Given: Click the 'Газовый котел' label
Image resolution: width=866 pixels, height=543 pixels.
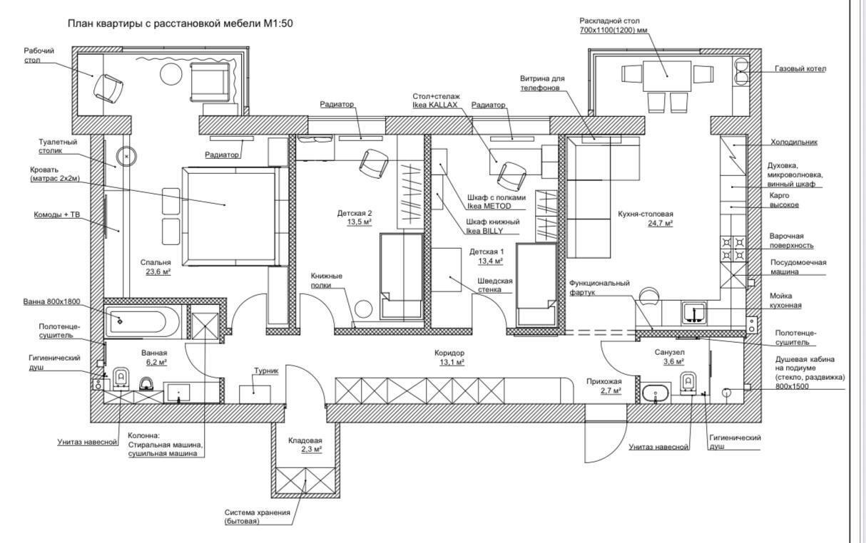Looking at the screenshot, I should click(x=800, y=69).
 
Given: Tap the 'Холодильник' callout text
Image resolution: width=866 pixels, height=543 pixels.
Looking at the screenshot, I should click(x=793, y=142).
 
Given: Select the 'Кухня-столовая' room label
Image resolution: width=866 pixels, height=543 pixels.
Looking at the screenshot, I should click(x=646, y=214).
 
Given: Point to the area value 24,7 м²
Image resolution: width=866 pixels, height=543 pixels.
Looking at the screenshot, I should click(x=660, y=223).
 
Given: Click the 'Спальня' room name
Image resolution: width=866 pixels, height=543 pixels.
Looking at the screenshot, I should click(x=156, y=262).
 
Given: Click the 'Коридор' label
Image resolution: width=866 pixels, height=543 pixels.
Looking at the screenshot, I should click(x=449, y=353).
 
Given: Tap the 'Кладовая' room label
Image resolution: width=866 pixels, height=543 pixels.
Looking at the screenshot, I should click(x=305, y=440).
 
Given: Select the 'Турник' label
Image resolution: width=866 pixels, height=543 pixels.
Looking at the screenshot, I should click(x=266, y=371).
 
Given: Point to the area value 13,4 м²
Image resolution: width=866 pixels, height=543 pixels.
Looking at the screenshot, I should click(x=491, y=261).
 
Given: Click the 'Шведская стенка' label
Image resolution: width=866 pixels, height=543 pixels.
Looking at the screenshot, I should click(x=495, y=285).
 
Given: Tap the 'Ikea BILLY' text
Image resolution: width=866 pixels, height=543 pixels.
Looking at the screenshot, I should click(x=484, y=231).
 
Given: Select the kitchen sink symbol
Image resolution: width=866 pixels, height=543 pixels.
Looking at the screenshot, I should click(x=694, y=313).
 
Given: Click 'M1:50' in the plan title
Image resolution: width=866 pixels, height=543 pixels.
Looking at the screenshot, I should click(x=278, y=24).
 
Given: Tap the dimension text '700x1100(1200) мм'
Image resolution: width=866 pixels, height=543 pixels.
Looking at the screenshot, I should click(x=613, y=31).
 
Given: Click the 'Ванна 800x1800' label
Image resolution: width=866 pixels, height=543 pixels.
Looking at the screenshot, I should click(x=51, y=301).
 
